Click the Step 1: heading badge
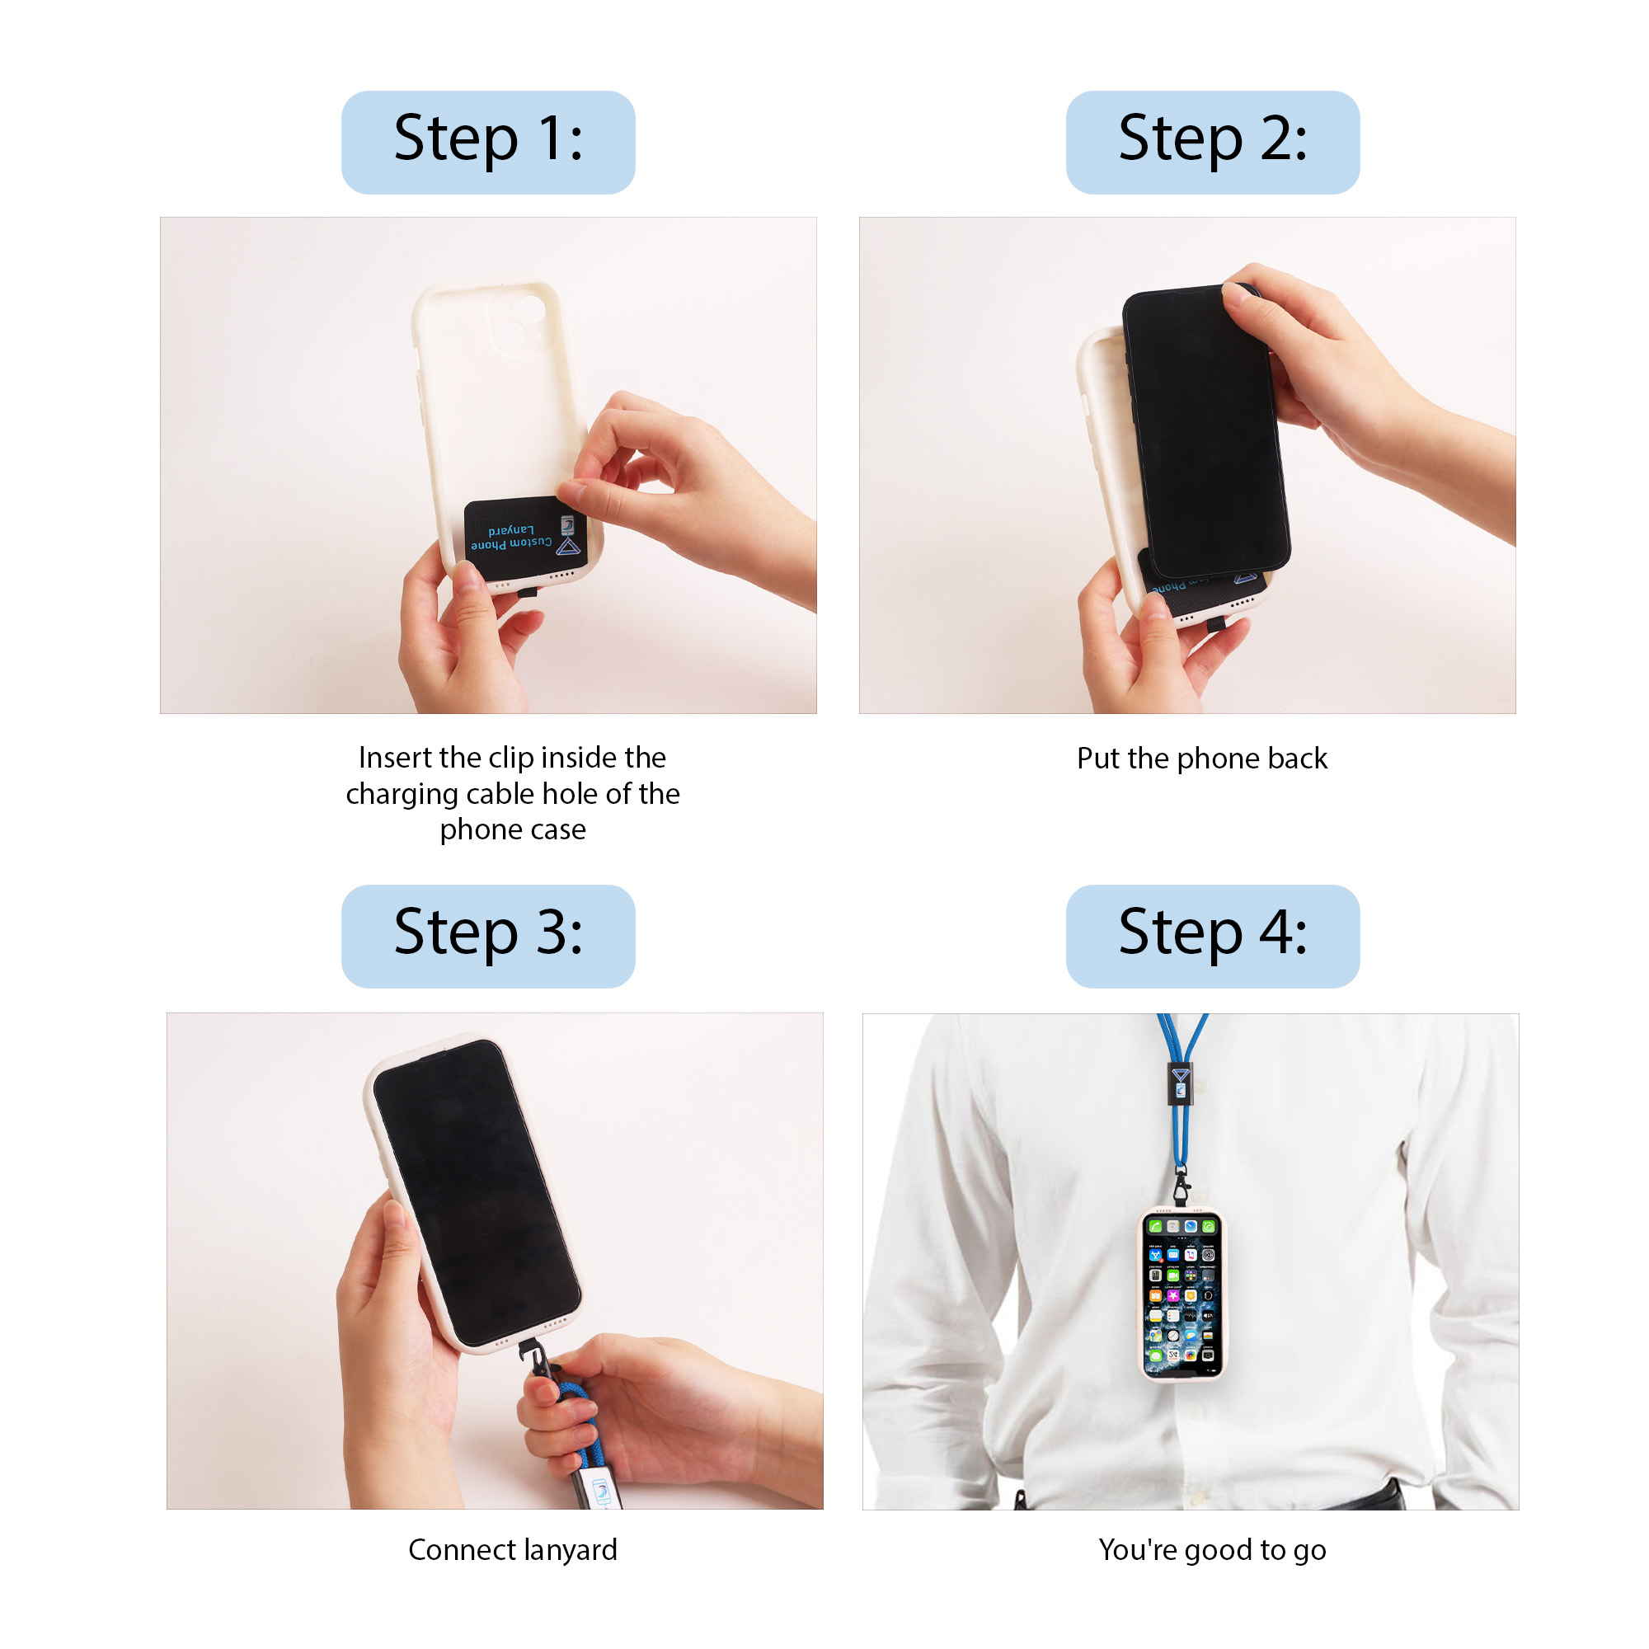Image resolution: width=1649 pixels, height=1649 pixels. [x=487, y=142]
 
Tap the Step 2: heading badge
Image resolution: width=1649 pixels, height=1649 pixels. [x=1212, y=142]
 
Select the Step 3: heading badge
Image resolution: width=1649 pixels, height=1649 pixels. [x=487, y=936]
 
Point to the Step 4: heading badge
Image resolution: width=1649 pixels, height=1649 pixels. [x=1212, y=936]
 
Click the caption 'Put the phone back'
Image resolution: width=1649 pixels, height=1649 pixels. [x=1202, y=758]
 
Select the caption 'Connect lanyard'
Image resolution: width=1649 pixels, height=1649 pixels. [x=512, y=1549]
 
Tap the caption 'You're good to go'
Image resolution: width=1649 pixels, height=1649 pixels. [x=1212, y=1549]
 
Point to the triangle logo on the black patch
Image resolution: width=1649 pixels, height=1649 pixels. [x=568, y=547]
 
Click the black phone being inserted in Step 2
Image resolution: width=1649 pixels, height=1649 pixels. [x=1205, y=431]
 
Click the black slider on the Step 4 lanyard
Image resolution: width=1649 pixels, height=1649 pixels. [x=1180, y=1084]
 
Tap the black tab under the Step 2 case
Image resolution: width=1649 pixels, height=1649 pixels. [x=1214, y=625]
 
